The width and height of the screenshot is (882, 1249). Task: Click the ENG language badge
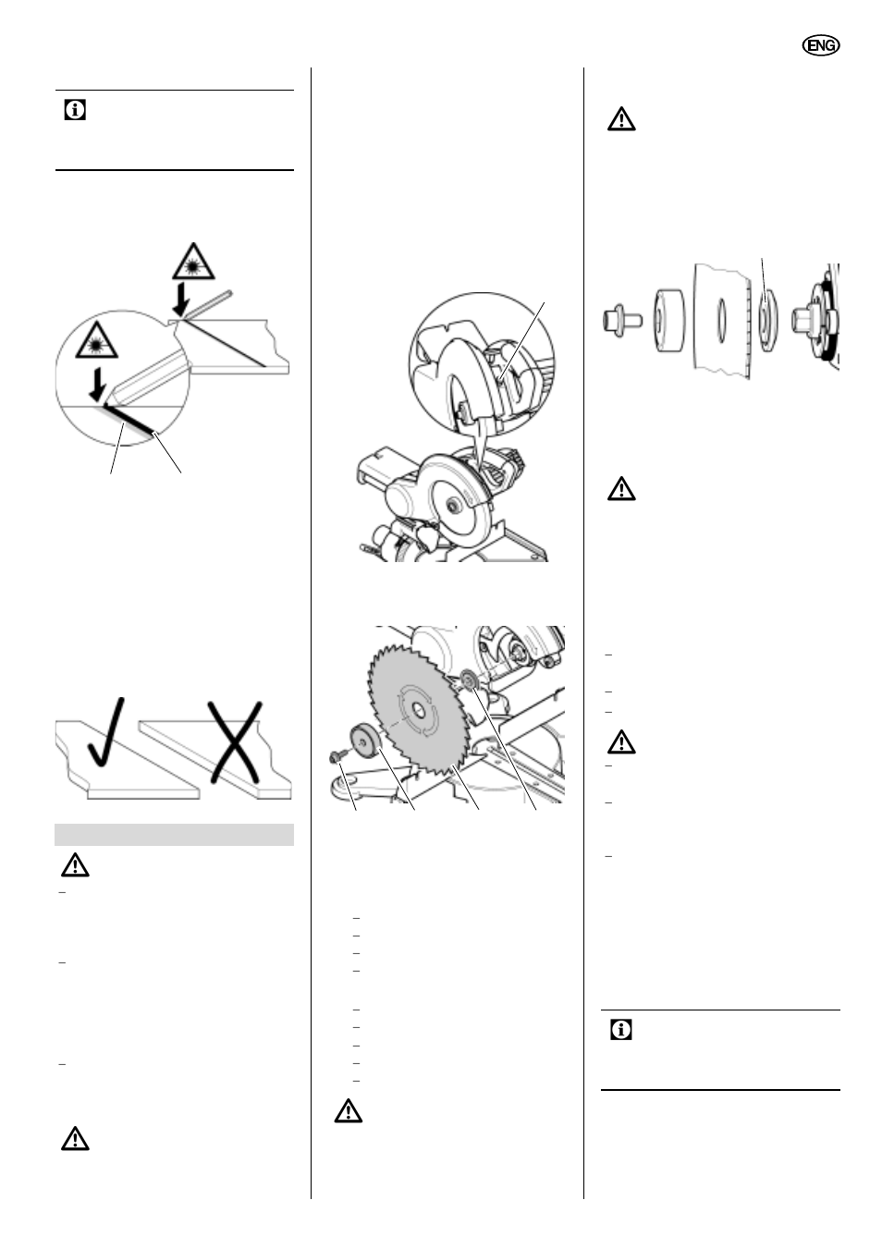coord(821,45)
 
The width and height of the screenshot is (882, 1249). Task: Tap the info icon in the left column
coord(75,110)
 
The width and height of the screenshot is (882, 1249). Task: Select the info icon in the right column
coord(621,1030)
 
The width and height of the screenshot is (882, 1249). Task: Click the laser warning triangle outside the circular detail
coord(193,262)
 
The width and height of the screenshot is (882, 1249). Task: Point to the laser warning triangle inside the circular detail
coord(96,341)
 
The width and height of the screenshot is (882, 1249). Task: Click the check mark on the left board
coord(107,731)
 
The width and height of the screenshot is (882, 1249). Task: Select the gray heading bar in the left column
coord(174,834)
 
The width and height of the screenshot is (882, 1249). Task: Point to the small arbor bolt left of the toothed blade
coord(337,756)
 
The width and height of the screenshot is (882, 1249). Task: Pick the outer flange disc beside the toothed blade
coord(363,741)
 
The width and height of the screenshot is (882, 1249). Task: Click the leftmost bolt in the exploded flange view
coord(621,321)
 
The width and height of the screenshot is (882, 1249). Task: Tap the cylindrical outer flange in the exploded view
coord(668,321)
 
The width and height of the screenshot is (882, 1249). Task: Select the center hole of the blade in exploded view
coord(721,320)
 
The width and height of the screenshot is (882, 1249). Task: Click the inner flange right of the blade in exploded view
coord(768,321)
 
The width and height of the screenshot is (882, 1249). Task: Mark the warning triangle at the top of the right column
coord(621,119)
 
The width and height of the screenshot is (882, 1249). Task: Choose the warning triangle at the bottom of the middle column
coord(349,1110)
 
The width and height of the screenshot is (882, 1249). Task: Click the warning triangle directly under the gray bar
coord(75,865)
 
